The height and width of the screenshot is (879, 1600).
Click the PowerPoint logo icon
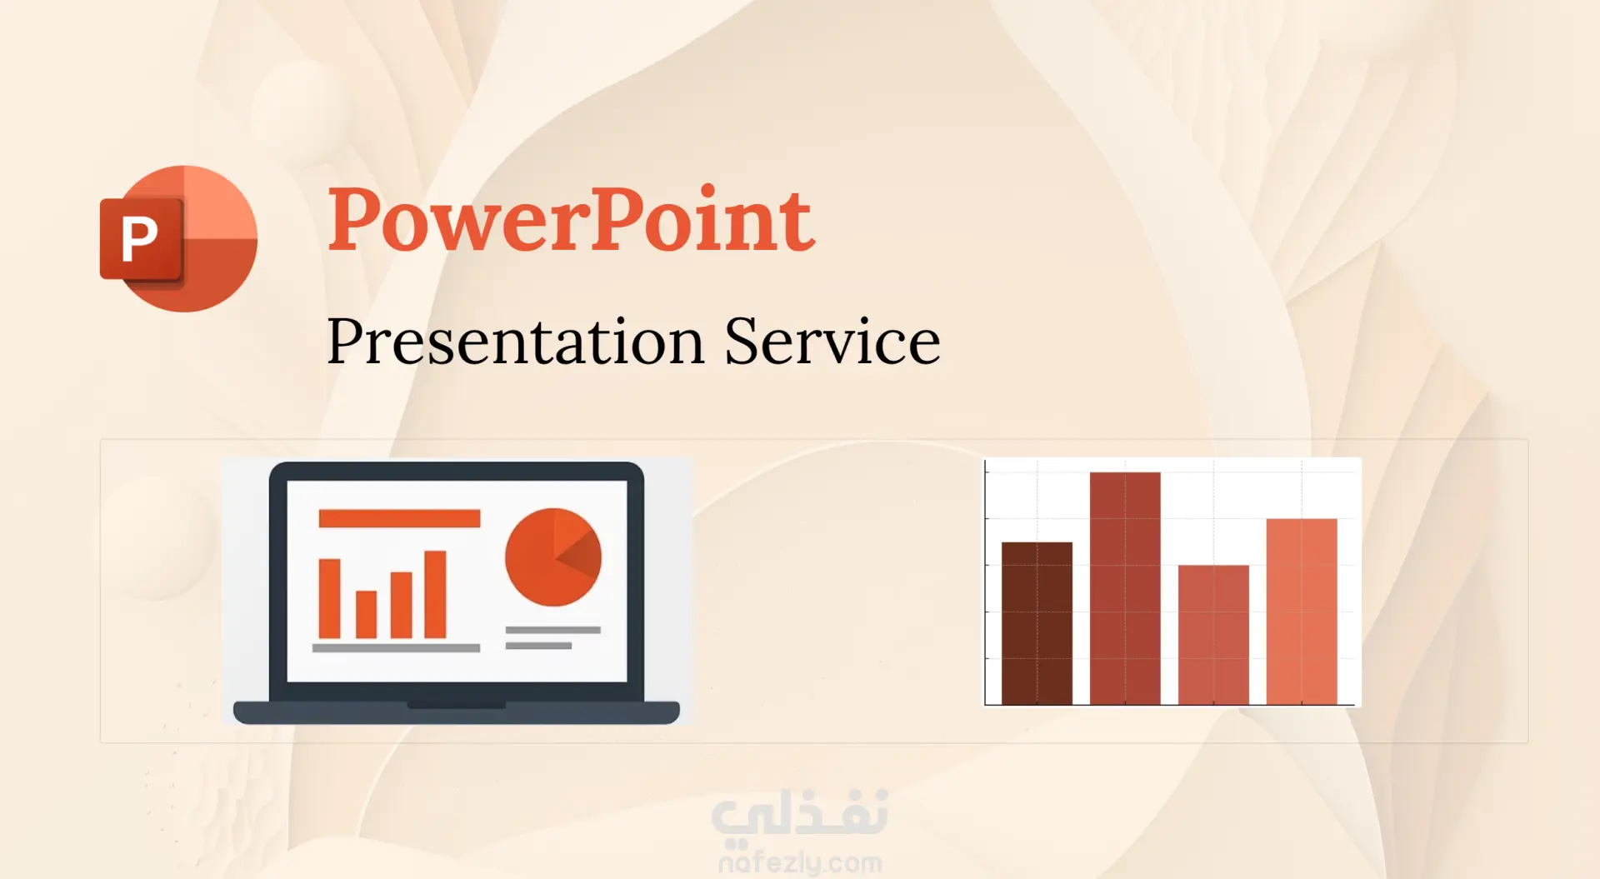pyautogui.click(x=178, y=239)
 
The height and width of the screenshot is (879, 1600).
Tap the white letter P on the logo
pyautogui.click(x=139, y=239)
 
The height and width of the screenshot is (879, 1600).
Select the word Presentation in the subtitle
pyautogui.click(x=516, y=342)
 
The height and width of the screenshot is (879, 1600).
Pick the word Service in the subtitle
pyautogui.click(x=832, y=341)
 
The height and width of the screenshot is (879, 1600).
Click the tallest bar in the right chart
pyautogui.click(x=1125, y=588)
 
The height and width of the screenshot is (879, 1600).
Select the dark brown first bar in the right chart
pyautogui.click(x=1037, y=623)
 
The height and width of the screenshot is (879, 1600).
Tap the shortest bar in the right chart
pyautogui.click(x=1213, y=635)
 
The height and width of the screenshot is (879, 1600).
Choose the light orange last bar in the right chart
pyautogui.click(x=1302, y=612)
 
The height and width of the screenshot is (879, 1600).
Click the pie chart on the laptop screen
pyautogui.click(x=553, y=557)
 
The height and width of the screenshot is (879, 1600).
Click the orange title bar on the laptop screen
pyautogui.click(x=399, y=518)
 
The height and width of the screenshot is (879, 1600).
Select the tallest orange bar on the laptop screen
pyautogui.click(x=435, y=594)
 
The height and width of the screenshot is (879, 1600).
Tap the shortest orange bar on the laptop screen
pyautogui.click(x=366, y=614)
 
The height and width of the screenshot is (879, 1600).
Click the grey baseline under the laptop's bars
pyautogui.click(x=396, y=647)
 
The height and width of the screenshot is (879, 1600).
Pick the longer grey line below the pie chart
pyautogui.click(x=552, y=630)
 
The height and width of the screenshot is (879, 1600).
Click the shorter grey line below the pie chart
pyautogui.click(x=538, y=646)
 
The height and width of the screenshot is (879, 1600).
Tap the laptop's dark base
pyautogui.click(x=456, y=712)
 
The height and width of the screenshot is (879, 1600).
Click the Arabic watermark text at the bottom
pyautogui.click(x=800, y=813)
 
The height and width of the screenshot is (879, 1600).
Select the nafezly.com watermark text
pyautogui.click(x=800, y=862)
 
